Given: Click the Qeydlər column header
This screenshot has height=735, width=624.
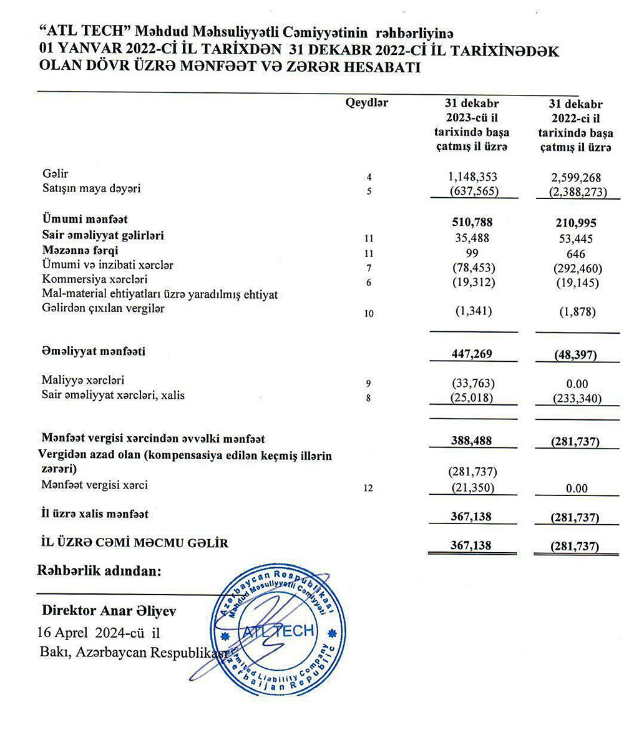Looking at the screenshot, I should tap(366, 104).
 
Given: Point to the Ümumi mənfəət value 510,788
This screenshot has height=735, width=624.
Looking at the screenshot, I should tap(472, 221).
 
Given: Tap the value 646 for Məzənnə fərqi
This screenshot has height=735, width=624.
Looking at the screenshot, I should tap(577, 252).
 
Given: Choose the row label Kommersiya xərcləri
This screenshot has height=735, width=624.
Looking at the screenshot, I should tap(95, 280).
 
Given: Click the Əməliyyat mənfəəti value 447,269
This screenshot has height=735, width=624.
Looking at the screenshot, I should tap(472, 354).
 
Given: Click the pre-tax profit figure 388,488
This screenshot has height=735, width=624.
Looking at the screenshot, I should tap(472, 441).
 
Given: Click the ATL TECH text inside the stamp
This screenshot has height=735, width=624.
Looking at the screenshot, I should tap(279, 631).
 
